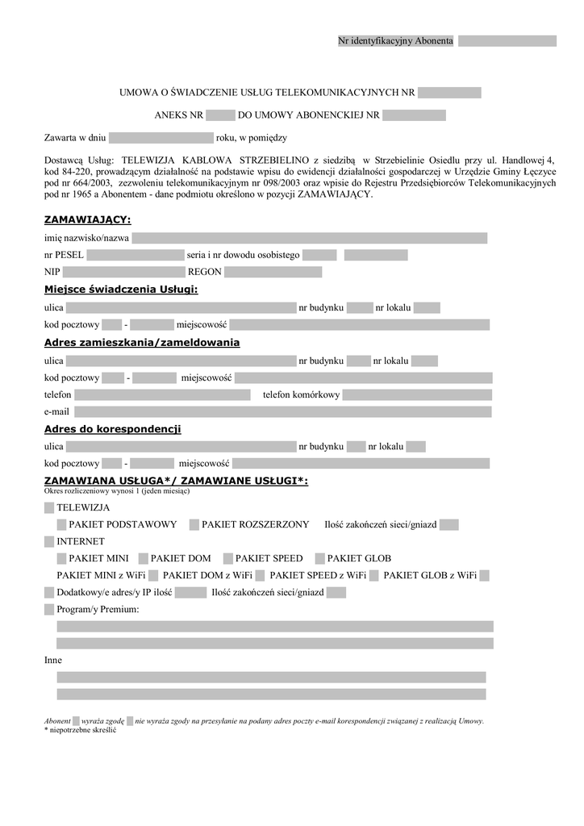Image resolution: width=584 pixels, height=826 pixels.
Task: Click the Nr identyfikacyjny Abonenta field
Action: tap(507, 41)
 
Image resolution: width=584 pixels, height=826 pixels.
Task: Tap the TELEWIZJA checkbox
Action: tap(49, 508)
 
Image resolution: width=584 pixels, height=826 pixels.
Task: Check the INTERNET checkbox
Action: tap(49, 541)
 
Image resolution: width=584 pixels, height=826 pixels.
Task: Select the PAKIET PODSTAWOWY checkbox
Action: tap(62, 525)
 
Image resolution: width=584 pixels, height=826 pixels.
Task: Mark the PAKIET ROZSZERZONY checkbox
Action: tap(194, 525)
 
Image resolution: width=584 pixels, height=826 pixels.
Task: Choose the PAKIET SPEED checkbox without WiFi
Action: tap(228, 558)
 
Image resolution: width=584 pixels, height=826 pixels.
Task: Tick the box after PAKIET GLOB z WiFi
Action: tap(484, 575)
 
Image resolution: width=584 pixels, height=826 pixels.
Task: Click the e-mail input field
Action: tap(282, 412)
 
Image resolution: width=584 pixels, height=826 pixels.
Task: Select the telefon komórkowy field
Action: tap(417, 395)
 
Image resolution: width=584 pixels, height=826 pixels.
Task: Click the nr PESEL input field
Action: tap(136, 255)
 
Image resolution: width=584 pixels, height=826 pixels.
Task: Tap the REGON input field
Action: tap(273, 272)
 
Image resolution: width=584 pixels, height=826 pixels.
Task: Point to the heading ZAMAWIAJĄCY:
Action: tap(87, 219)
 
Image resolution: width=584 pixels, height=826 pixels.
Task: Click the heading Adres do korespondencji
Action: tap(112, 429)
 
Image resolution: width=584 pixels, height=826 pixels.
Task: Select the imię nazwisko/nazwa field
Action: tap(310, 238)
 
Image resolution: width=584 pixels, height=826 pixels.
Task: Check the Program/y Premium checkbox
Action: tap(49, 609)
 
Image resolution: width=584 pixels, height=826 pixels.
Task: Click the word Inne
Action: tap(53, 660)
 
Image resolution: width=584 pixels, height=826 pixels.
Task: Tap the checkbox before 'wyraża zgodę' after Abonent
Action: tap(76, 720)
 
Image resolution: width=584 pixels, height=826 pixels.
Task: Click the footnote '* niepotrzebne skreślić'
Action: tap(81, 730)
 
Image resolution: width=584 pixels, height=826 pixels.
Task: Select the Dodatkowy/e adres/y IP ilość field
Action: tap(190, 593)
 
